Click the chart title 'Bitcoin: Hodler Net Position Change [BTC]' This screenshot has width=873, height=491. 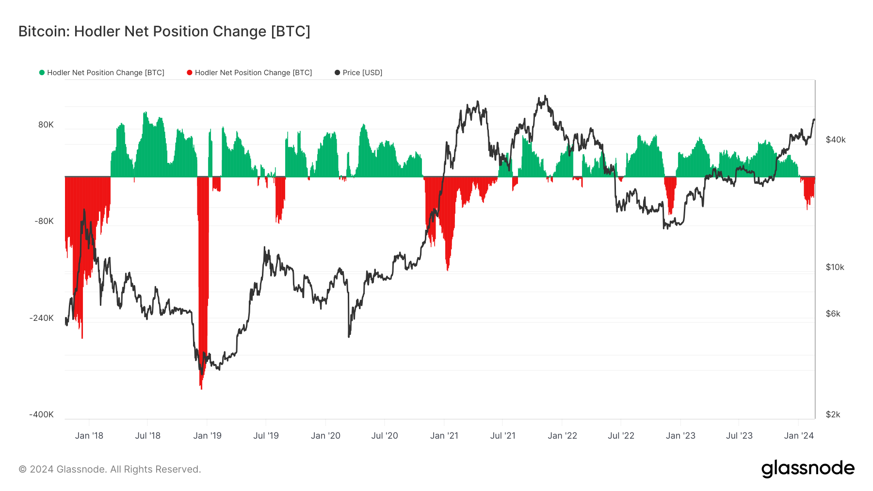[x=164, y=32]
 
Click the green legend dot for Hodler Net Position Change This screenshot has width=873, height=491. [x=42, y=73]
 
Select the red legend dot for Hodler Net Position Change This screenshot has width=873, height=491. [x=190, y=73]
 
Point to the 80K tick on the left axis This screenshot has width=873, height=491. [x=46, y=125]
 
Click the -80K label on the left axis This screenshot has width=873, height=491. [x=44, y=221]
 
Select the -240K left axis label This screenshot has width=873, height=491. [x=42, y=318]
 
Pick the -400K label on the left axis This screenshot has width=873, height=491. [x=42, y=414]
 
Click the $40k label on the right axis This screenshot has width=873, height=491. [x=836, y=140]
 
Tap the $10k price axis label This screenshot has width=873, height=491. [x=835, y=267]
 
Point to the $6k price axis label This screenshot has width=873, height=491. [x=833, y=314]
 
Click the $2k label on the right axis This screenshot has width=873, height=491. [x=833, y=414]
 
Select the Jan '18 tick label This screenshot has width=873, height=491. [x=89, y=436]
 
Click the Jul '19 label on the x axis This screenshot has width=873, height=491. [x=266, y=436]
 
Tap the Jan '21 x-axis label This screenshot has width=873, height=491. [x=444, y=436]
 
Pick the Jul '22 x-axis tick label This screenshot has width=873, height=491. [x=621, y=436]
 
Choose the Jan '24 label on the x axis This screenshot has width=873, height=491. [x=799, y=436]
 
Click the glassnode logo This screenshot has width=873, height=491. [x=808, y=469]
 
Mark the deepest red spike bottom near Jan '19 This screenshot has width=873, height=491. [x=201, y=388]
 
